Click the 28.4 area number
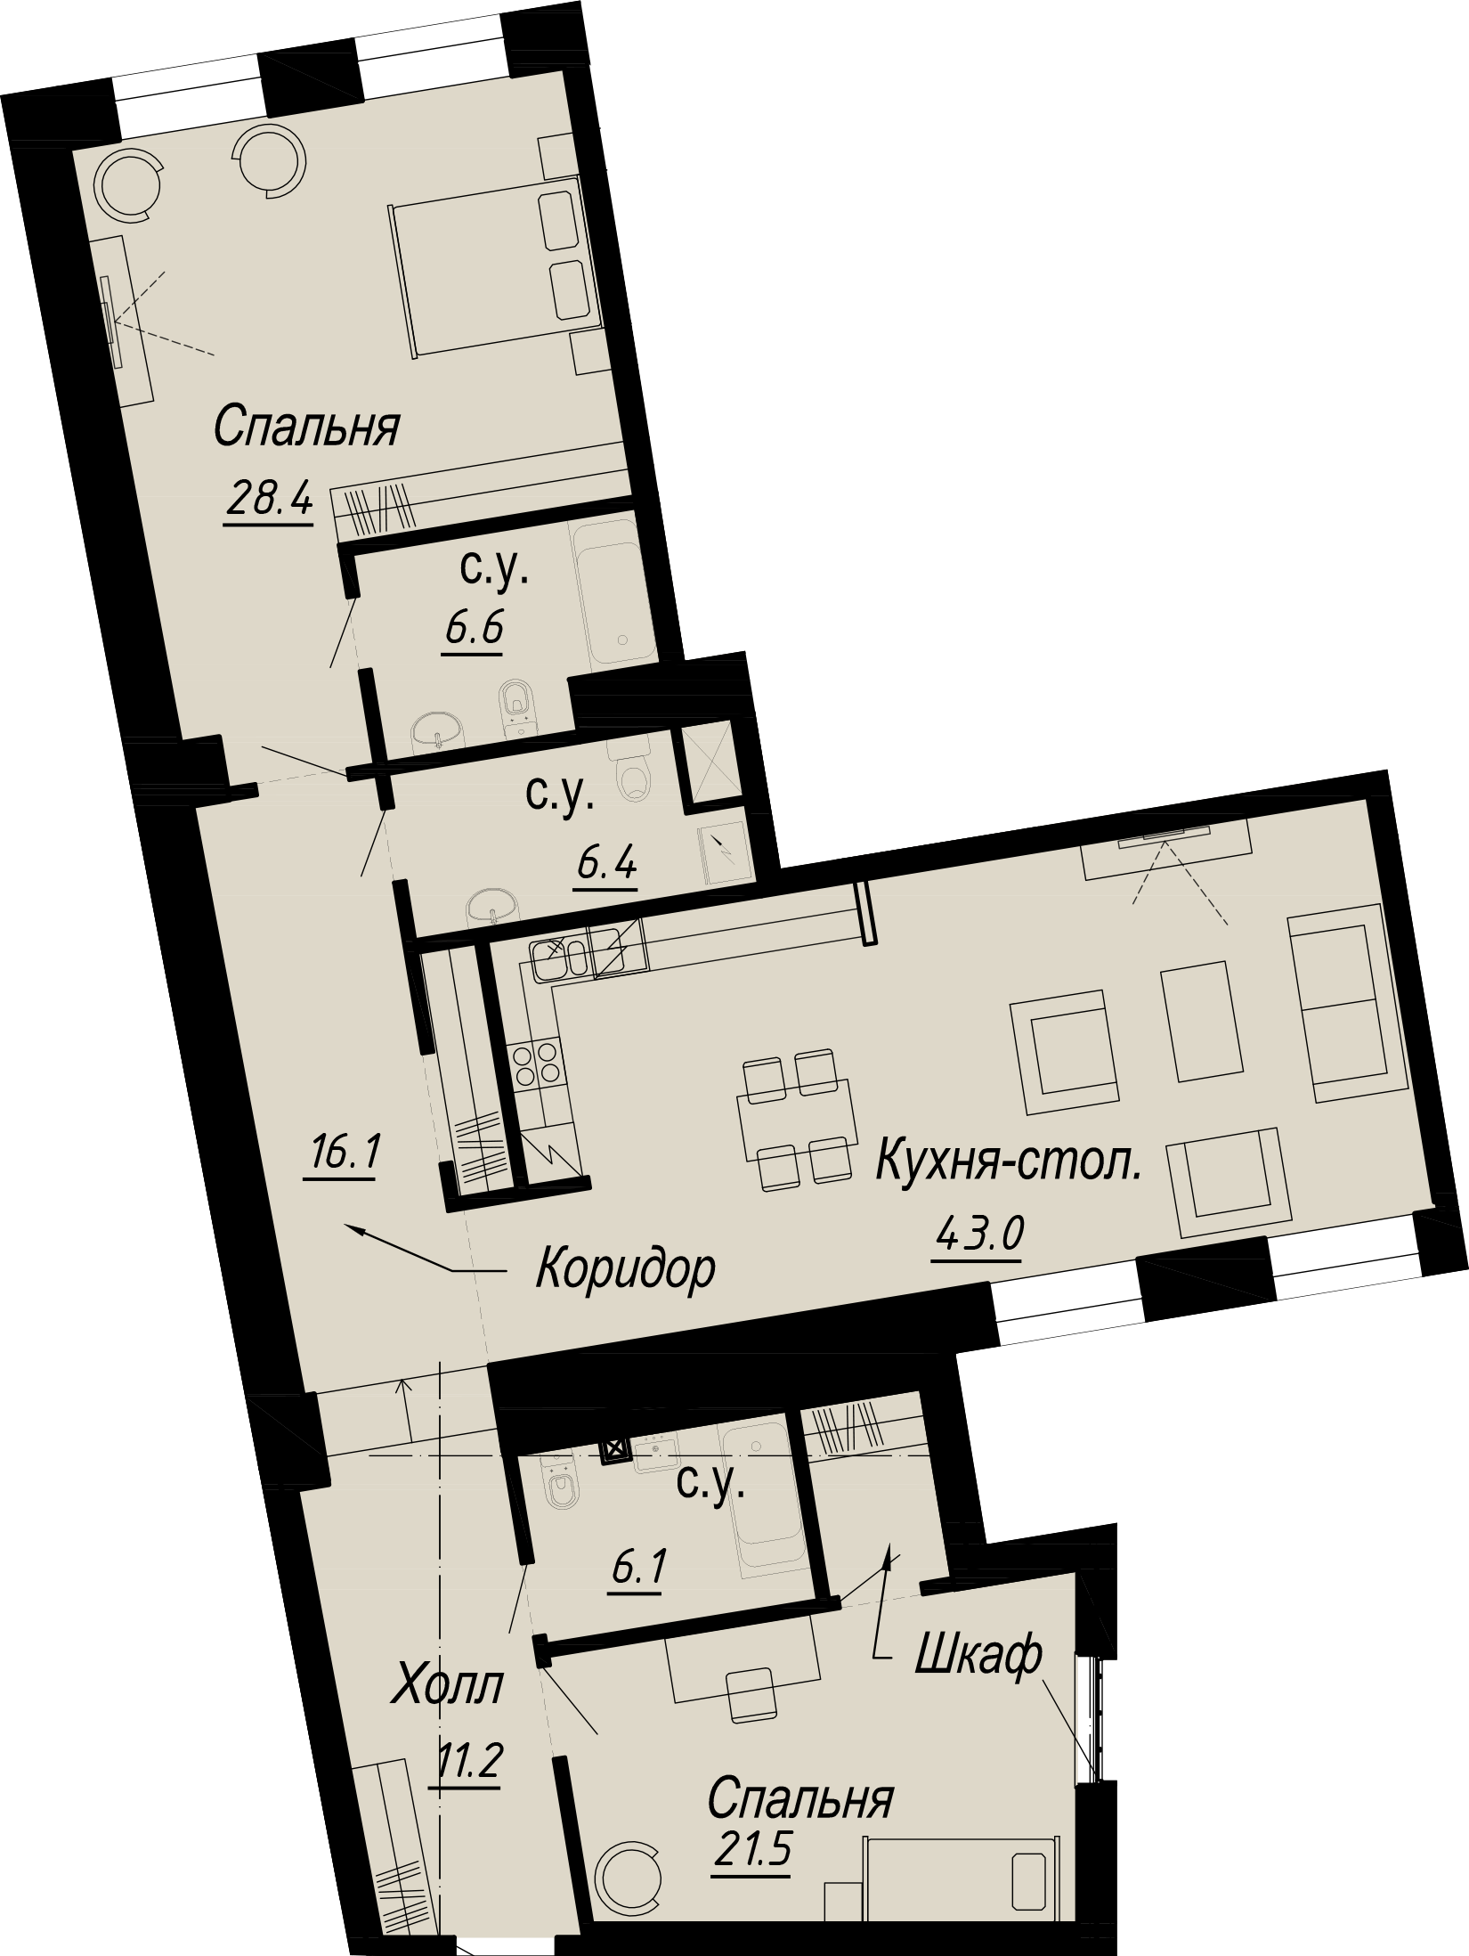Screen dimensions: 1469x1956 269,499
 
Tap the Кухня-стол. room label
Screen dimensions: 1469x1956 1009,1164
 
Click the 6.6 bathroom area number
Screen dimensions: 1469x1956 473,630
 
